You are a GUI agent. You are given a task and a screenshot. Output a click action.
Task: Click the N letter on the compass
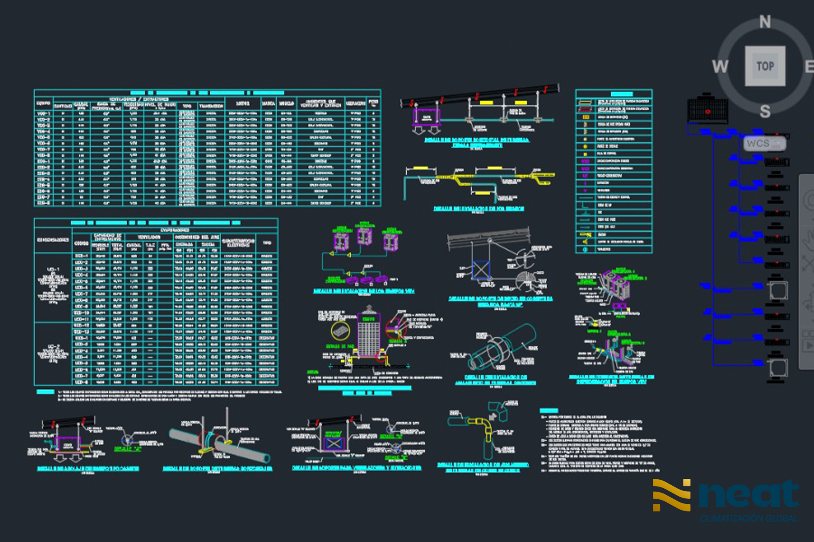[765, 22]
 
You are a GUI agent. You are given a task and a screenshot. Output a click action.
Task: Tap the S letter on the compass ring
[765, 111]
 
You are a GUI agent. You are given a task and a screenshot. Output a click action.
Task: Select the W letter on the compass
[720, 66]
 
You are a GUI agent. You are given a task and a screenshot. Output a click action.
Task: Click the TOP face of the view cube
[765, 66]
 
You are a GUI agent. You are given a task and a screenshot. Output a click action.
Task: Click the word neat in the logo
[749, 494]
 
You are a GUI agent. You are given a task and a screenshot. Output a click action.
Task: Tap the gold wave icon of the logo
[672, 495]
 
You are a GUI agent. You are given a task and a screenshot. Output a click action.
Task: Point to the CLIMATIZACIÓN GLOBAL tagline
[749, 518]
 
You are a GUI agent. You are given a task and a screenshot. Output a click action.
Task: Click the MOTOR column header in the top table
[243, 103]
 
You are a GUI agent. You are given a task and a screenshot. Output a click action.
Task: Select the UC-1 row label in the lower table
[53, 269]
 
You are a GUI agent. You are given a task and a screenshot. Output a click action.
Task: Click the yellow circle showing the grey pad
[340, 332]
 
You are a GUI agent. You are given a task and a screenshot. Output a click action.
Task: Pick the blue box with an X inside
[481, 270]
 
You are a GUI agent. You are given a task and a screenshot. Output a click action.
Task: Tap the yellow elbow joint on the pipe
[481, 423]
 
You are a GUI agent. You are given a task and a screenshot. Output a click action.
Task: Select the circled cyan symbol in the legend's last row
[585, 249]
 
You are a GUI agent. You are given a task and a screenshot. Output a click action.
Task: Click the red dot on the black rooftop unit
[708, 112]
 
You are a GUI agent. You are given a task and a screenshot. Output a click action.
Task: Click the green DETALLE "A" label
[127, 449]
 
